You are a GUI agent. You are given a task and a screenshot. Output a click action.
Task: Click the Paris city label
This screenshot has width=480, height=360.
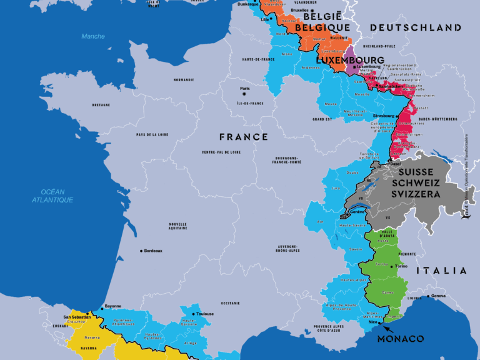[244, 89]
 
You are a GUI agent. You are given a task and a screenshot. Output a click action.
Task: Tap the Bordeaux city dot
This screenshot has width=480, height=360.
[142, 251]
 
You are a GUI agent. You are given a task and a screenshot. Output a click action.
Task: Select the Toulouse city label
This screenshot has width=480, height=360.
[205, 314]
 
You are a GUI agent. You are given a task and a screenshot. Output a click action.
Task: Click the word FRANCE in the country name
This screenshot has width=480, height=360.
[244, 136]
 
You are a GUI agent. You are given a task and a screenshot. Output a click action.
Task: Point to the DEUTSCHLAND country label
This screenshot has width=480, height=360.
[416, 27]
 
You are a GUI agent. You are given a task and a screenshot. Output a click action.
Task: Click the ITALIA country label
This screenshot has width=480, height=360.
[442, 271]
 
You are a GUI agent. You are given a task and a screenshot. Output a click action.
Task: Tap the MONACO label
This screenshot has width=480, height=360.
[401, 339]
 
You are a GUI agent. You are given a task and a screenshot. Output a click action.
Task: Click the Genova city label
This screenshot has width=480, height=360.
[439, 296]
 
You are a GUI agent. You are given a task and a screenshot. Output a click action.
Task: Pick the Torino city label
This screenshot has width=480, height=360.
[401, 266]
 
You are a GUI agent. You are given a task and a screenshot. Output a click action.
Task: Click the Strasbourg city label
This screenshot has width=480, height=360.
[383, 116]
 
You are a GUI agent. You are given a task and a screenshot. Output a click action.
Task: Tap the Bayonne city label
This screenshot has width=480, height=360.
[112, 306]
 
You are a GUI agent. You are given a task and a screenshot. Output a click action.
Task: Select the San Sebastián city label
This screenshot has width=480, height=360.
[76, 317]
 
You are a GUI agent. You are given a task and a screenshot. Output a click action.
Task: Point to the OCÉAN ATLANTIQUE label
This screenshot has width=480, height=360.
[52, 196]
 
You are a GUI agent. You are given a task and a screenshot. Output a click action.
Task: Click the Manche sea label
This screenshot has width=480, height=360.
[93, 36]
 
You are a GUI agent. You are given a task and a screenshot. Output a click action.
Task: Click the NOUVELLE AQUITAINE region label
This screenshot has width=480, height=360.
[177, 226]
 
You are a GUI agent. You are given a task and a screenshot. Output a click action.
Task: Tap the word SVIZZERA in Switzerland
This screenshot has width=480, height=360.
[416, 194]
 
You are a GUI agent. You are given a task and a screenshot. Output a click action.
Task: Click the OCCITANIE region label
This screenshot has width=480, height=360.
[230, 303]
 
